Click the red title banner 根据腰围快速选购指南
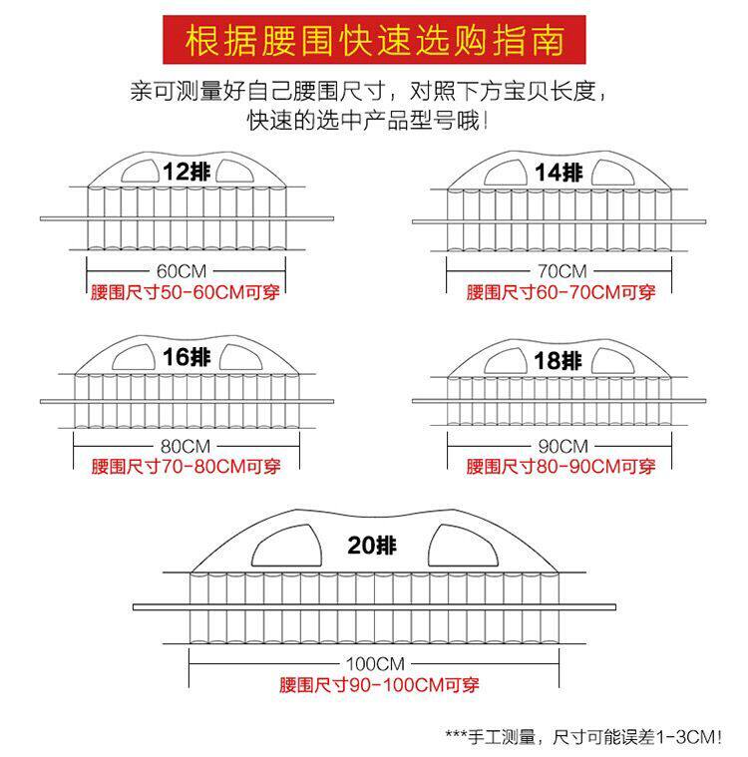pos(374,40)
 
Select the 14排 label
pos(558,172)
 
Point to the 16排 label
pos(187,356)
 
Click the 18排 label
pos(557,360)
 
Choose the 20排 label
pos(373,546)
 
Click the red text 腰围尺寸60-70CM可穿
pos(561,293)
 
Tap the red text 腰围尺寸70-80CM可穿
pos(186,467)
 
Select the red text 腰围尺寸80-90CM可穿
pos(561,467)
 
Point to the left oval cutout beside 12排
pos(140,172)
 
